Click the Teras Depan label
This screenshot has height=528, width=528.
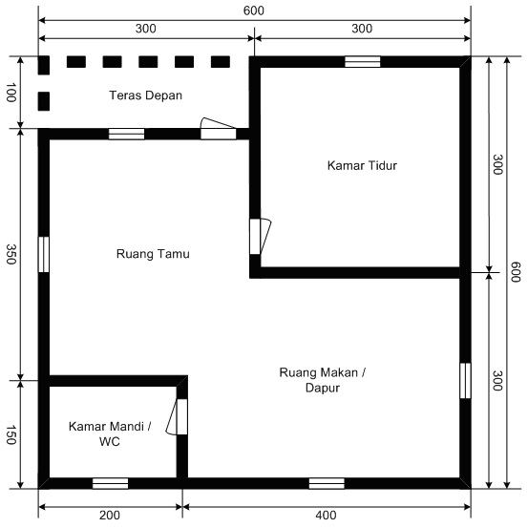pyautogui.click(x=145, y=95)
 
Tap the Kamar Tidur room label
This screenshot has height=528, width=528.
pyautogui.click(x=361, y=165)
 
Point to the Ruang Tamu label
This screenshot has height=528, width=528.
pyautogui.click(x=153, y=254)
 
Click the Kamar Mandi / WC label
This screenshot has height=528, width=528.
pyautogui.click(x=109, y=434)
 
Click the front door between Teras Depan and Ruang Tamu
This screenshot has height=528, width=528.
pyautogui.click(x=218, y=132)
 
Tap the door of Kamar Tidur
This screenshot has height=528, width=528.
pyautogui.click(x=257, y=237)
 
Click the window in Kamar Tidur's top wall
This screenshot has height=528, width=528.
pyautogui.click(x=362, y=62)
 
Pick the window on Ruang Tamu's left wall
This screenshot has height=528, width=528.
pyautogui.click(x=44, y=254)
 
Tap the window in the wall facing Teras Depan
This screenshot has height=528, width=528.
pyautogui.click(x=126, y=134)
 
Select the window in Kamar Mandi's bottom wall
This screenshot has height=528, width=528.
pyautogui.click(x=110, y=483)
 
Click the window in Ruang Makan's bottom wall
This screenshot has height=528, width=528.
pyautogui.click(x=327, y=483)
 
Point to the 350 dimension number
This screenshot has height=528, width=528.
pyautogui.click(x=11, y=254)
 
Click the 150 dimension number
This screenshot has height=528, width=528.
pyautogui.click(x=11, y=433)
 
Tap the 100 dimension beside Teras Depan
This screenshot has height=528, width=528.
pyautogui.click(x=11, y=93)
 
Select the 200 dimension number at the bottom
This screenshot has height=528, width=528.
pyautogui.click(x=109, y=516)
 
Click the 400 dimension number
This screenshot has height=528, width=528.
pyautogui.click(x=326, y=516)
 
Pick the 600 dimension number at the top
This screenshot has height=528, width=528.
pyautogui.click(x=254, y=11)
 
